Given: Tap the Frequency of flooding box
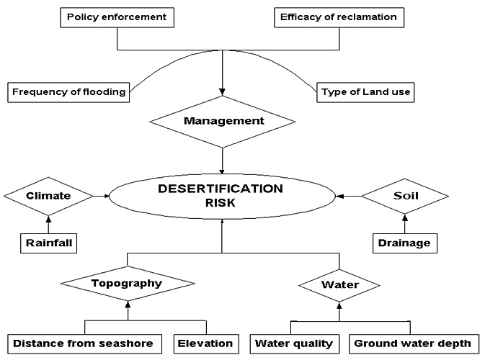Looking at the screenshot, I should (x=68, y=92).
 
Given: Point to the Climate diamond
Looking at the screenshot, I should (x=48, y=195).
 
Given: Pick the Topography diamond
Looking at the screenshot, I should (x=127, y=283).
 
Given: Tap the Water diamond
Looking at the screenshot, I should (x=339, y=284).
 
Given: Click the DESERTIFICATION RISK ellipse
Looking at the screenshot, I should (x=222, y=196).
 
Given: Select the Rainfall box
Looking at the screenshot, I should (x=48, y=243).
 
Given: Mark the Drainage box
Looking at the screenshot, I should (x=404, y=243).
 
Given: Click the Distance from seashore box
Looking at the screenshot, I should (x=84, y=343).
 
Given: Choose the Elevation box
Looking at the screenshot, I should (x=205, y=343).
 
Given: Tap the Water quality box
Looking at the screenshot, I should (x=294, y=343).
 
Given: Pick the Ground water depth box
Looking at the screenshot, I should (x=412, y=343).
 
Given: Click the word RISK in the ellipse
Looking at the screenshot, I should (x=221, y=204).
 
